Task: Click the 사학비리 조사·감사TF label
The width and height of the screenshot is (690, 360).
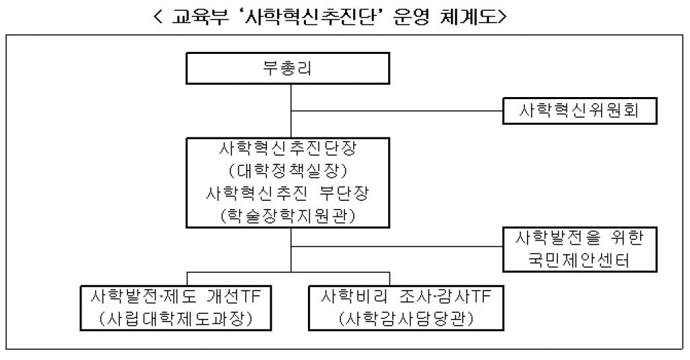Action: pyautogui.click(x=405, y=297)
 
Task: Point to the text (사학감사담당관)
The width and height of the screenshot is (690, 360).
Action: pyautogui.click(x=405, y=318)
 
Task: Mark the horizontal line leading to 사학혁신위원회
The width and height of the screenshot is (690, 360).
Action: pyautogui.click(x=398, y=110)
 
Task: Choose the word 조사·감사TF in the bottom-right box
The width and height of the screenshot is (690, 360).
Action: pyautogui.click(x=437, y=297)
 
